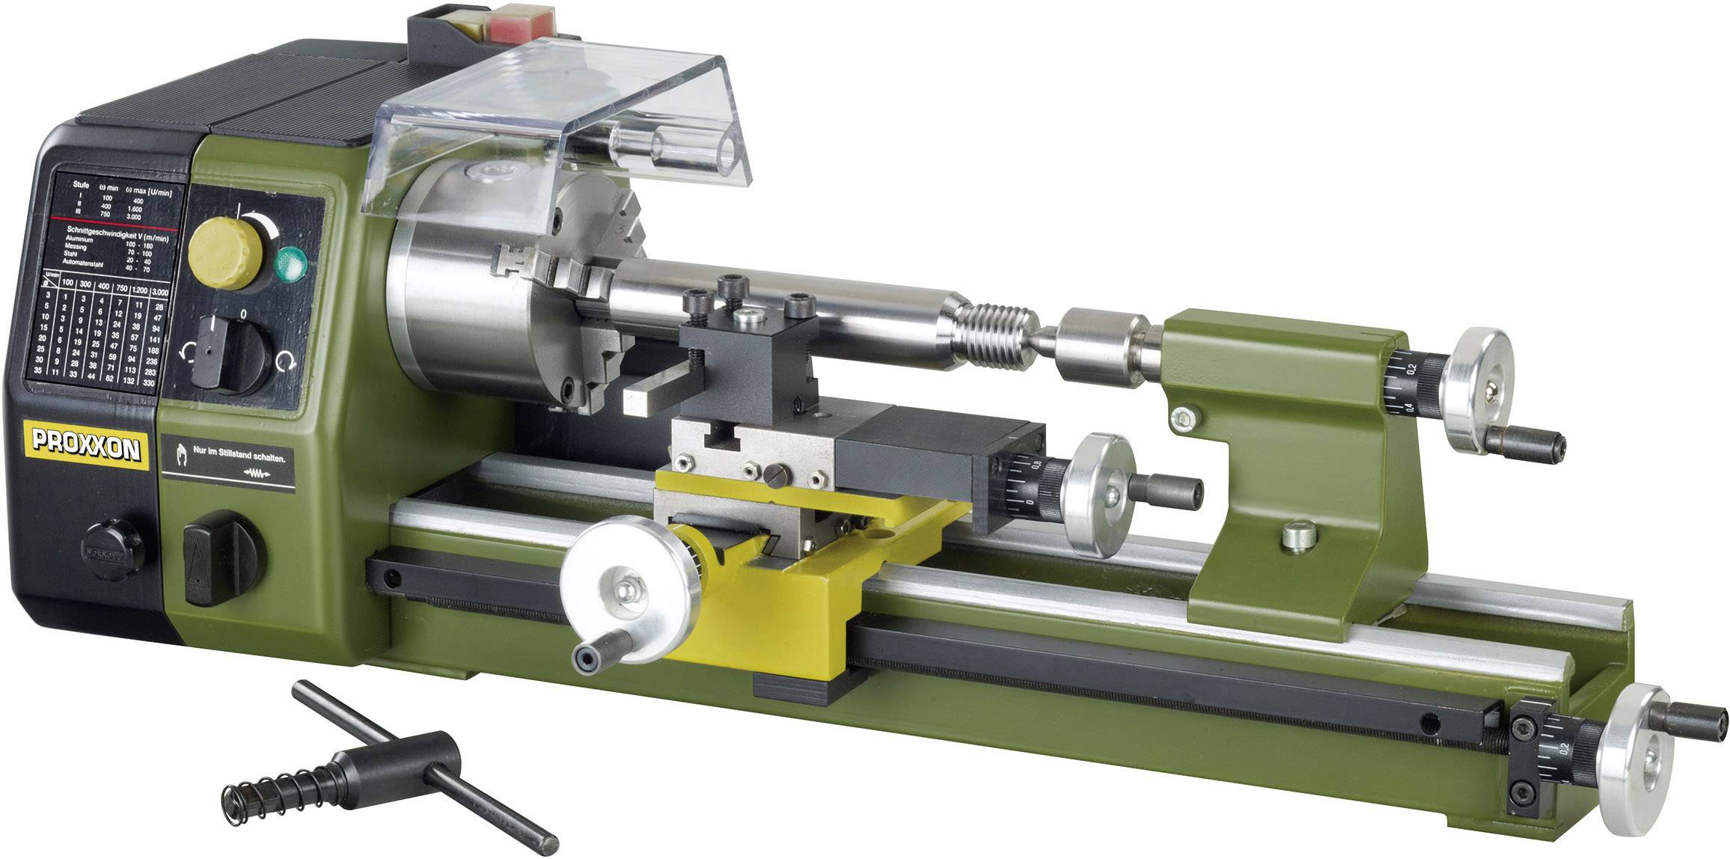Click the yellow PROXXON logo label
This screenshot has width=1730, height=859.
85,449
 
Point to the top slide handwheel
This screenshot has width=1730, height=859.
1097,493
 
